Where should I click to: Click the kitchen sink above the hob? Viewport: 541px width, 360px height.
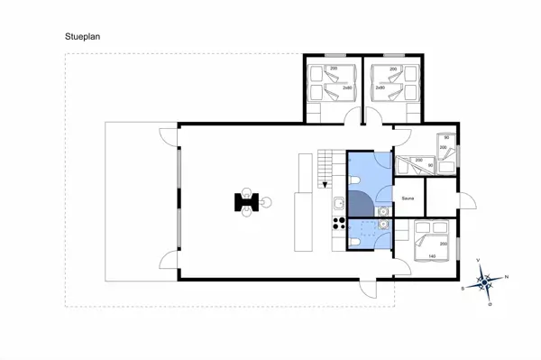[x=338, y=204]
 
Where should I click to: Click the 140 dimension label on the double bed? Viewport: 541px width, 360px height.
[x=432, y=257]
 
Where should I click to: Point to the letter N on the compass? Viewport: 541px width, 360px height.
[x=507, y=276]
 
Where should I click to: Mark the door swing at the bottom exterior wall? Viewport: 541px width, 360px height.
[x=369, y=290]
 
